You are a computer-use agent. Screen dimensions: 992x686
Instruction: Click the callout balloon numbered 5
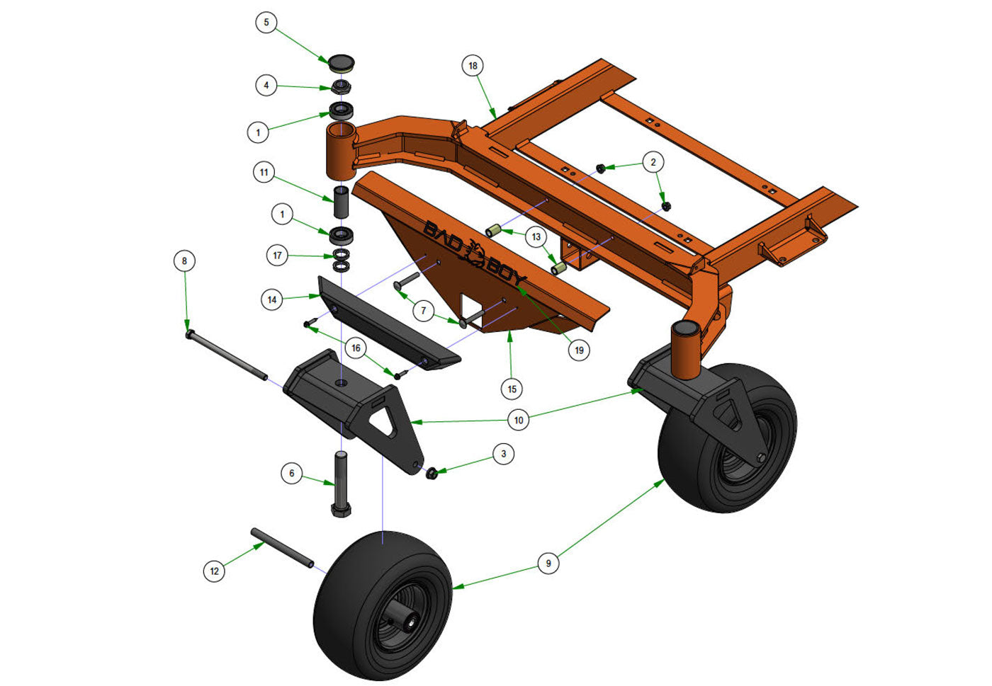pos(266,22)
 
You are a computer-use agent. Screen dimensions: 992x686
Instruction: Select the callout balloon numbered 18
pos(473,66)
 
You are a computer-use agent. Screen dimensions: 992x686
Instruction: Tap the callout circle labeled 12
pos(214,571)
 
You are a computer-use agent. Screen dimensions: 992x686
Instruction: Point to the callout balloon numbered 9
pos(548,564)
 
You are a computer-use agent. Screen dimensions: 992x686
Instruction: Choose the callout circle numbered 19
pos(579,350)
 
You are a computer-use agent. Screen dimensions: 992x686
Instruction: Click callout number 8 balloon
pos(185,261)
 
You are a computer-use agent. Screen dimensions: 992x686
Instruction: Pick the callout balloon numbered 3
pos(504,454)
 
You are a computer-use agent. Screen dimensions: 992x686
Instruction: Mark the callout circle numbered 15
pos(512,389)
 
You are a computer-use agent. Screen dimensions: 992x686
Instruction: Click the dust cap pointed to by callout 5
pos(341,64)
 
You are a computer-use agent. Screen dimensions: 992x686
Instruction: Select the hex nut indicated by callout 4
pos(341,87)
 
